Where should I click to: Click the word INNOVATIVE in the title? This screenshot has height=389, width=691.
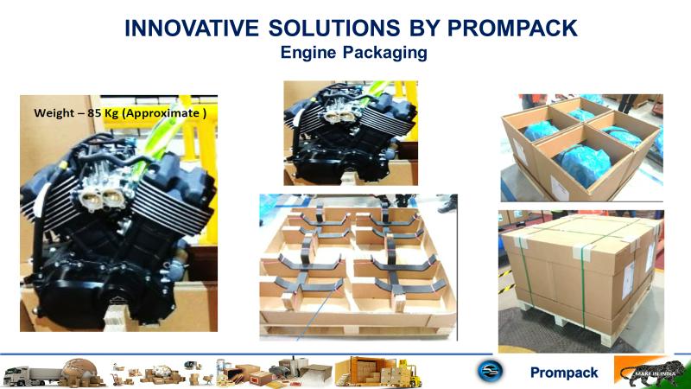point(191,29)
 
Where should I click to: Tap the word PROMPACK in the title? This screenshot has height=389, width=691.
point(512,29)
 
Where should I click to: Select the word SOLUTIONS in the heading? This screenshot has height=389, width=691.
point(334,29)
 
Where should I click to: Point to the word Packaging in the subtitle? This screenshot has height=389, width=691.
point(385,54)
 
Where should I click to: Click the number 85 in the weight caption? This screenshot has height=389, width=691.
point(94,113)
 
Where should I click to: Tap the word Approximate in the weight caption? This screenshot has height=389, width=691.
point(163,113)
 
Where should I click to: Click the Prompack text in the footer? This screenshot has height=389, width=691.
point(564,373)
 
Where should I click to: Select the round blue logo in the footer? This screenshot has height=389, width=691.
point(490,370)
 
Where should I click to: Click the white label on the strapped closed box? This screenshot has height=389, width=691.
point(628,279)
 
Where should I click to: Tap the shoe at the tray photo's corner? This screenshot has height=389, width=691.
point(448,204)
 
